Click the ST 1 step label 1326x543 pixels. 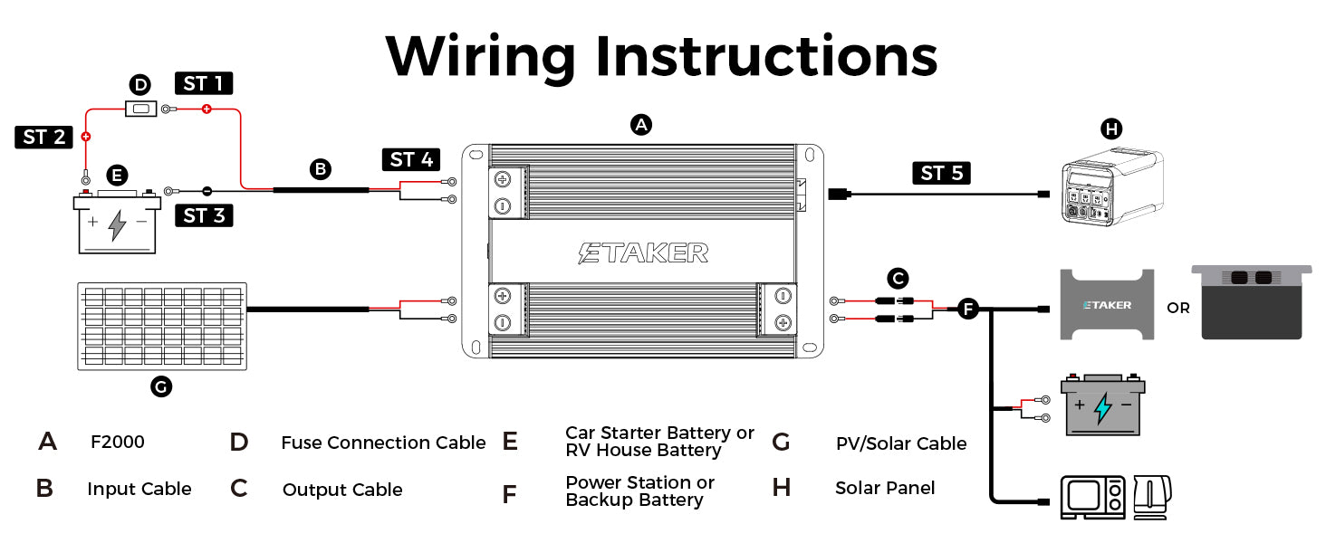(204, 84)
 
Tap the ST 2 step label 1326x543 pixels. (44, 138)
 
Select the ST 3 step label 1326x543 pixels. (203, 215)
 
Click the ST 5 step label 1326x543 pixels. (941, 173)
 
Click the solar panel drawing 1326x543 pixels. (162, 325)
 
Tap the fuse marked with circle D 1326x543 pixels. (139, 110)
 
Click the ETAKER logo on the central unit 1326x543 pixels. (643, 252)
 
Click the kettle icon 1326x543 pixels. (1151, 497)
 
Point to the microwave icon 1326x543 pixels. (1092, 497)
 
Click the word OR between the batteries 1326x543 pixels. (1178, 308)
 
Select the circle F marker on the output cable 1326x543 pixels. (967, 310)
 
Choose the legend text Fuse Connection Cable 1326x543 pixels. (383, 443)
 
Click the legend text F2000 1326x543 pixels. (117, 443)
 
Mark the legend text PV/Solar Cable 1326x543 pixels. (901, 443)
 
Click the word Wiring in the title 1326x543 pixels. (481, 56)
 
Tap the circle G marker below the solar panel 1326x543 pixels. (160, 387)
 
